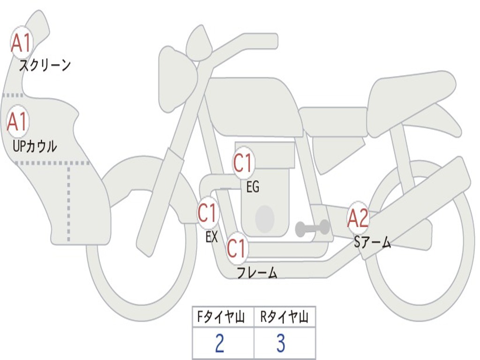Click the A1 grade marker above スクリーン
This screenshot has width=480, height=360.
[x=21, y=43]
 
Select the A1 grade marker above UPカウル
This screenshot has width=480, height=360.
[x=18, y=122]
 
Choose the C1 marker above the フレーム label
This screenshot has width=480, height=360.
[x=237, y=247]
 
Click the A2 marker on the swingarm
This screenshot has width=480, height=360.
[x=358, y=218]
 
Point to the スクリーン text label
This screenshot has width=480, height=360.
[x=45, y=65]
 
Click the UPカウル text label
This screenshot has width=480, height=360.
[x=34, y=146]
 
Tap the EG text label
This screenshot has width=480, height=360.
[x=253, y=187]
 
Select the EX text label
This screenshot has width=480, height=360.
[x=212, y=237]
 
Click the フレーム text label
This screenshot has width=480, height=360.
[x=256, y=273]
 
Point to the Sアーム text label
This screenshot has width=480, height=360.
[x=372, y=242]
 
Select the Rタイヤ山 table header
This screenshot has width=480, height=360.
[x=285, y=318]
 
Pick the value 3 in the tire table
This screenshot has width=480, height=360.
[x=280, y=344]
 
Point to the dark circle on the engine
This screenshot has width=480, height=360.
[x=264, y=218]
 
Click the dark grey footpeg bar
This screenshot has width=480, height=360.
[x=312, y=228]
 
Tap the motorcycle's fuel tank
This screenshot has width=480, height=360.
[x=253, y=105]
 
